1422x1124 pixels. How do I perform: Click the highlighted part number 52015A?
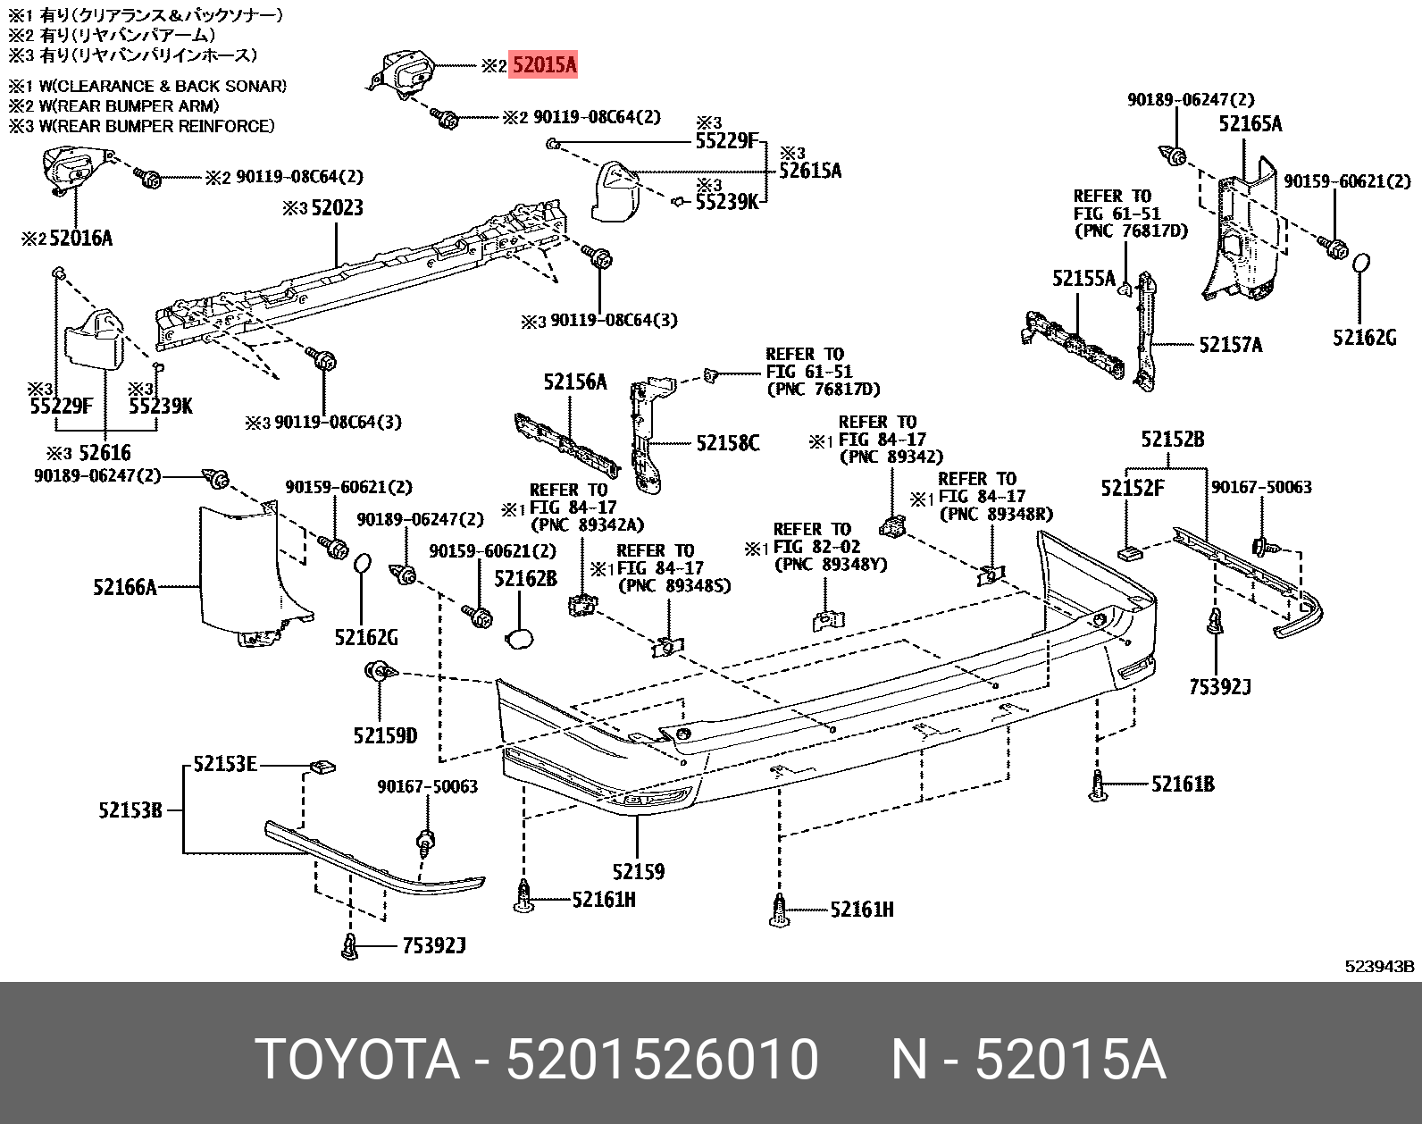(543, 65)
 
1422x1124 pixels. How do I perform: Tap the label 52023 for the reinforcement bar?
(336, 208)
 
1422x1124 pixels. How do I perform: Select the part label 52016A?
(80, 239)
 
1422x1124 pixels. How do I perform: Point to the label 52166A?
(125, 587)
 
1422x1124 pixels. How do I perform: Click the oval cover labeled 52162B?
(519, 638)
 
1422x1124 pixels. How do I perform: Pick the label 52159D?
(385, 735)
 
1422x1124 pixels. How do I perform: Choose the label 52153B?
(130, 810)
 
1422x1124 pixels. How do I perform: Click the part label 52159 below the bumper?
(638, 871)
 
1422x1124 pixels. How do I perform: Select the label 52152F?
(1133, 488)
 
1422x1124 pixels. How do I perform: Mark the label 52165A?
(1250, 124)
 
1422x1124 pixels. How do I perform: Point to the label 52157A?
(1230, 344)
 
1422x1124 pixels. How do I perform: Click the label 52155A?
(1083, 279)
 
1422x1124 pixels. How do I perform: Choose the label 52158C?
(728, 442)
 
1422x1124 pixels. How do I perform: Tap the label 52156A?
(574, 382)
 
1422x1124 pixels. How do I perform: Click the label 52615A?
(810, 170)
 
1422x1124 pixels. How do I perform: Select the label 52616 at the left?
(105, 453)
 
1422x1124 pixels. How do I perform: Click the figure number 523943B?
(1380, 966)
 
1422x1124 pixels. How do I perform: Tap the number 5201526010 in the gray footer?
(662, 1061)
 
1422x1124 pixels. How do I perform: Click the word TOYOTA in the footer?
(357, 1061)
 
